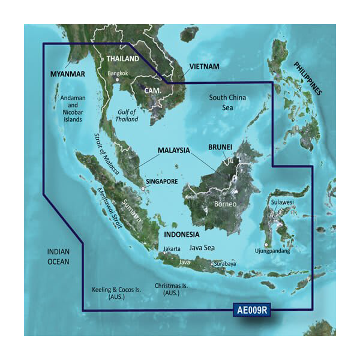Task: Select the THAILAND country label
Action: [122, 59]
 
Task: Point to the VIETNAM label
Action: [204, 66]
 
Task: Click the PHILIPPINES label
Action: [308, 79]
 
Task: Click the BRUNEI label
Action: [224, 147]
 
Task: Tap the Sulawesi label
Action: [281, 203]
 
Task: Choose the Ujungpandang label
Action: [272, 251]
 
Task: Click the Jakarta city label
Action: [172, 247]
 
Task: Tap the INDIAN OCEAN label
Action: [59, 257]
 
